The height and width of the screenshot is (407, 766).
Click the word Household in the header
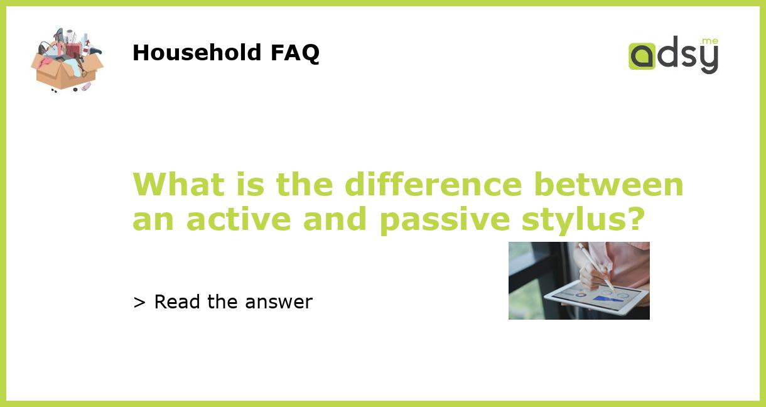pyautogui.click(x=197, y=53)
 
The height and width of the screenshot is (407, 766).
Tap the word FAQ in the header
pyautogui.click(x=294, y=53)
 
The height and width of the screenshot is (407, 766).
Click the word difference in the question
pyautogui.click(x=433, y=184)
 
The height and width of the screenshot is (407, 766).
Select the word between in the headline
pyautogui.click(x=608, y=184)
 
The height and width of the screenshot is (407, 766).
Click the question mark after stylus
pyautogui.click(x=636, y=219)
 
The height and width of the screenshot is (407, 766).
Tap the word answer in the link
pyautogui.click(x=279, y=303)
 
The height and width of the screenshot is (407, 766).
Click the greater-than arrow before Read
pyautogui.click(x=139, y=303)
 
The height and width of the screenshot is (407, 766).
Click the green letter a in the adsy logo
pyautogui.click(x=642, y=56)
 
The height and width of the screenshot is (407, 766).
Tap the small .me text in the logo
pyautogui.click(x=709, y=41)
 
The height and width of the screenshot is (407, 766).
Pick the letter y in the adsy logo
pyautogui.click(x=708, y=60)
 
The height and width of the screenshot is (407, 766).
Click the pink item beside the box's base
pyautogui.click(x=86, y=86)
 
